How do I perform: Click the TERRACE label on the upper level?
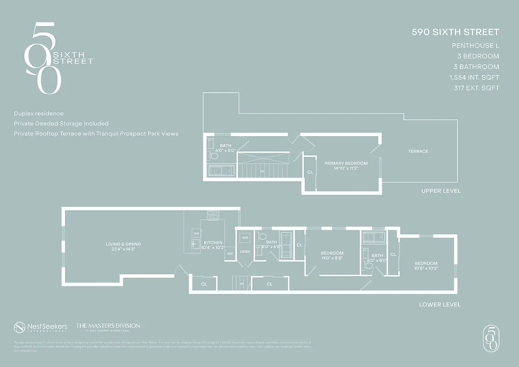click(x=418, y=151)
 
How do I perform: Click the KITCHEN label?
click(x=213, y=243)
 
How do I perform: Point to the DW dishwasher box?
click(x=196, y=234)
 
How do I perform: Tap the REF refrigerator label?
click(x=229, y=253)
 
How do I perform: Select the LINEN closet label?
click(x=245, y=251)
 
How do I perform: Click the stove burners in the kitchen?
click(x=213, y=214)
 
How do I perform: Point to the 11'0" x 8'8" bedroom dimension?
click(x=332, y=258)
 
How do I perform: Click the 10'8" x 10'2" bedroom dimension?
click(x=426, y=268)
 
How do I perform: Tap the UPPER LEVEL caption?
click(x=441, y=191)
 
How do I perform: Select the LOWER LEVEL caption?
click(x=440, y=305)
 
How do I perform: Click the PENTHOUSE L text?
click(x=475, y=45)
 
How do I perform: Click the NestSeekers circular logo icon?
click(x=19, y=327)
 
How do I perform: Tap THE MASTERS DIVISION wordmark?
click(x=108, y=326)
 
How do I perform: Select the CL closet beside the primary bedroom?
click(x=310, y=172)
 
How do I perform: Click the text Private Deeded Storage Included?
click(x=61, y=123)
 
